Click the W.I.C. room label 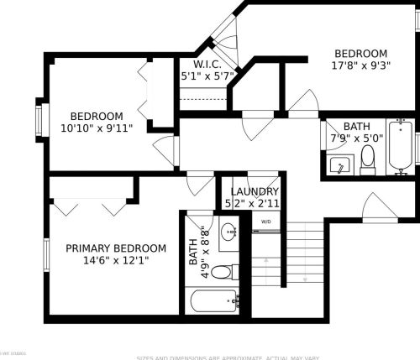coord(206,64)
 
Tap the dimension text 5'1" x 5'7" coord(206,76)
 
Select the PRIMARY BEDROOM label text coord(116,248)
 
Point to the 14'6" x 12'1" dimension coord(116,260)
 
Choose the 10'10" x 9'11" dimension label coord(97,128)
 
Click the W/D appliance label coord(266,222)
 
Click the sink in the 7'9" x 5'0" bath coord(340,164)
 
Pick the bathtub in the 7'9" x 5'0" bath coord(403,149)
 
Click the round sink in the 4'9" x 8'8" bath coord(228,233)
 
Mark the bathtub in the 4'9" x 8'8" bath coord(213,300)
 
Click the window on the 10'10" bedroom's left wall coord(39,119)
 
